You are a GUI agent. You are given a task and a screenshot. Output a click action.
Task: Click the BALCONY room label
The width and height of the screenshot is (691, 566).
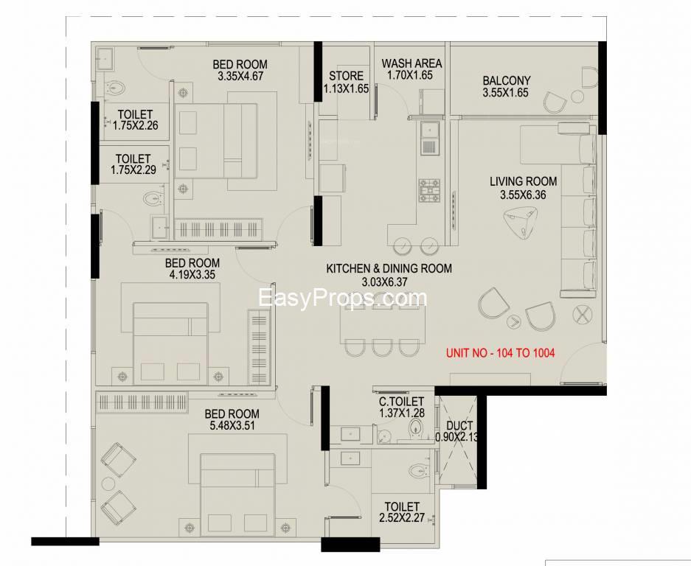(x=506, y=80)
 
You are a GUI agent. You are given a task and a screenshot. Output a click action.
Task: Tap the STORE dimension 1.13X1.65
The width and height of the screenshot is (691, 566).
(x=346, y=88)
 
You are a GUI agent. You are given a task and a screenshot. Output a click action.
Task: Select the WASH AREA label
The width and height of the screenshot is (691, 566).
(x=412, y=63)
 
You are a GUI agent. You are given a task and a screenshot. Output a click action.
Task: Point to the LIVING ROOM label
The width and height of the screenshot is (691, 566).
(x=523, y=181)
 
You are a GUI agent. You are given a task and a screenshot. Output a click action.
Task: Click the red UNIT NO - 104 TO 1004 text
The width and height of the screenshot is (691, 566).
(x=500, y=353)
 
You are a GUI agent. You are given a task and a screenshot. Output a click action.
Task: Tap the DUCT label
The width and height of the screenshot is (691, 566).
(x=459, y=426)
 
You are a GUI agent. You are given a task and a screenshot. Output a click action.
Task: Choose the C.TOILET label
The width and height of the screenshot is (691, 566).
(x=401, y=402)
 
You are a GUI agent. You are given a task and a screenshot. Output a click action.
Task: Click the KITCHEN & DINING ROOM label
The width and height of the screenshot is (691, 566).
(x=389, y=268)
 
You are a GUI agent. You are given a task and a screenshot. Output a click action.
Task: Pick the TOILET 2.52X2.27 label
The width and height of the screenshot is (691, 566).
(x=402, y=512)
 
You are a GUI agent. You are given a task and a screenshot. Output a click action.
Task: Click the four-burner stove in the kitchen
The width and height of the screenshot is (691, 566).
(x=429, y=190)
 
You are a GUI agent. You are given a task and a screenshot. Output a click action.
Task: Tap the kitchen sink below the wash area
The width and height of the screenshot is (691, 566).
(x=430, y=139)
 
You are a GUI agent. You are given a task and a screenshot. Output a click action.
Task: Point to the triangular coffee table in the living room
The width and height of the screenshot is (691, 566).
(x=521, y=223)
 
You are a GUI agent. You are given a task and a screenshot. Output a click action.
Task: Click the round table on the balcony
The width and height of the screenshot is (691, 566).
(x=577, y=97)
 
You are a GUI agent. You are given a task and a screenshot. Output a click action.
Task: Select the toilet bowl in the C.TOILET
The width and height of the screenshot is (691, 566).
(x=416, y=427)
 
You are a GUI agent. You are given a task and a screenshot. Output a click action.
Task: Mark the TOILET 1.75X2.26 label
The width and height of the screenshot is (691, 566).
(x=135, y=120)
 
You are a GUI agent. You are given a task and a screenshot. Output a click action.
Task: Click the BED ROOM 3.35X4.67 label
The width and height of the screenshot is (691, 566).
(x=240, y=70)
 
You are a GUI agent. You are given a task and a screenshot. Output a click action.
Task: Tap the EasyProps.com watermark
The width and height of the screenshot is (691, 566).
(x=342, y=298)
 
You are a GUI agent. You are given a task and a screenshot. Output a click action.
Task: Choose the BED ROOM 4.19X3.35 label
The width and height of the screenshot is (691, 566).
(x=192, y=269)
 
